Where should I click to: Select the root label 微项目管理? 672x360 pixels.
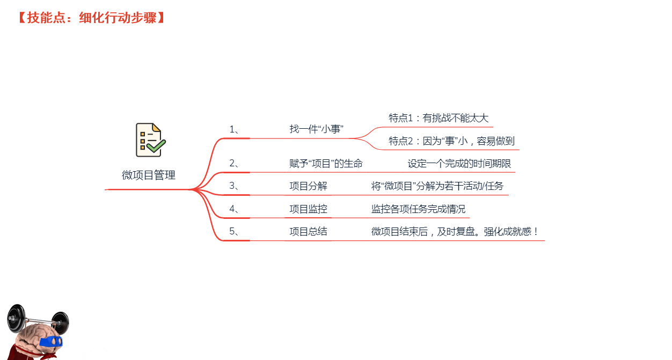pyautogui.click(x=149, y=175)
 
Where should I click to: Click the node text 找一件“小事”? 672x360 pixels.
pyautogui.click(x=317, y=129)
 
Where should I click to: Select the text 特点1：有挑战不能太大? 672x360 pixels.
pyautogui.click(x=439, y=118)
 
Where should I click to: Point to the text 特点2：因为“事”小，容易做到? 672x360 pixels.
pyautogui.click(x=452, y=141)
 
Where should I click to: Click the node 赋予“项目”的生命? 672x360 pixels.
pyautogui.click(x=326, y=164)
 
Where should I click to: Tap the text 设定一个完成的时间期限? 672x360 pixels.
pyautogui.click(x=459, y=164)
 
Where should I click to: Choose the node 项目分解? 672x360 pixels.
pyautogui.click(x=309, y=186)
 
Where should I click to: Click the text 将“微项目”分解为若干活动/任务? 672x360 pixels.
pyautogui.click(x=437, y=186)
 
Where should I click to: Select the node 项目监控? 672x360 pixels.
pyautogui.click(x=309, y=209)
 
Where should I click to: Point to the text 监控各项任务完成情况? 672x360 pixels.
pyautogui.click(x=419, y=209)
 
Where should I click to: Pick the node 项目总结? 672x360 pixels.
pyautogui.click(x=309, y=231)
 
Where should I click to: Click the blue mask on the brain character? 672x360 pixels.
pyautogui.click(x=51, y=341)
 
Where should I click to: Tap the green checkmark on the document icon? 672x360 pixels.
pyautogui.click(x=156, y=146)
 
